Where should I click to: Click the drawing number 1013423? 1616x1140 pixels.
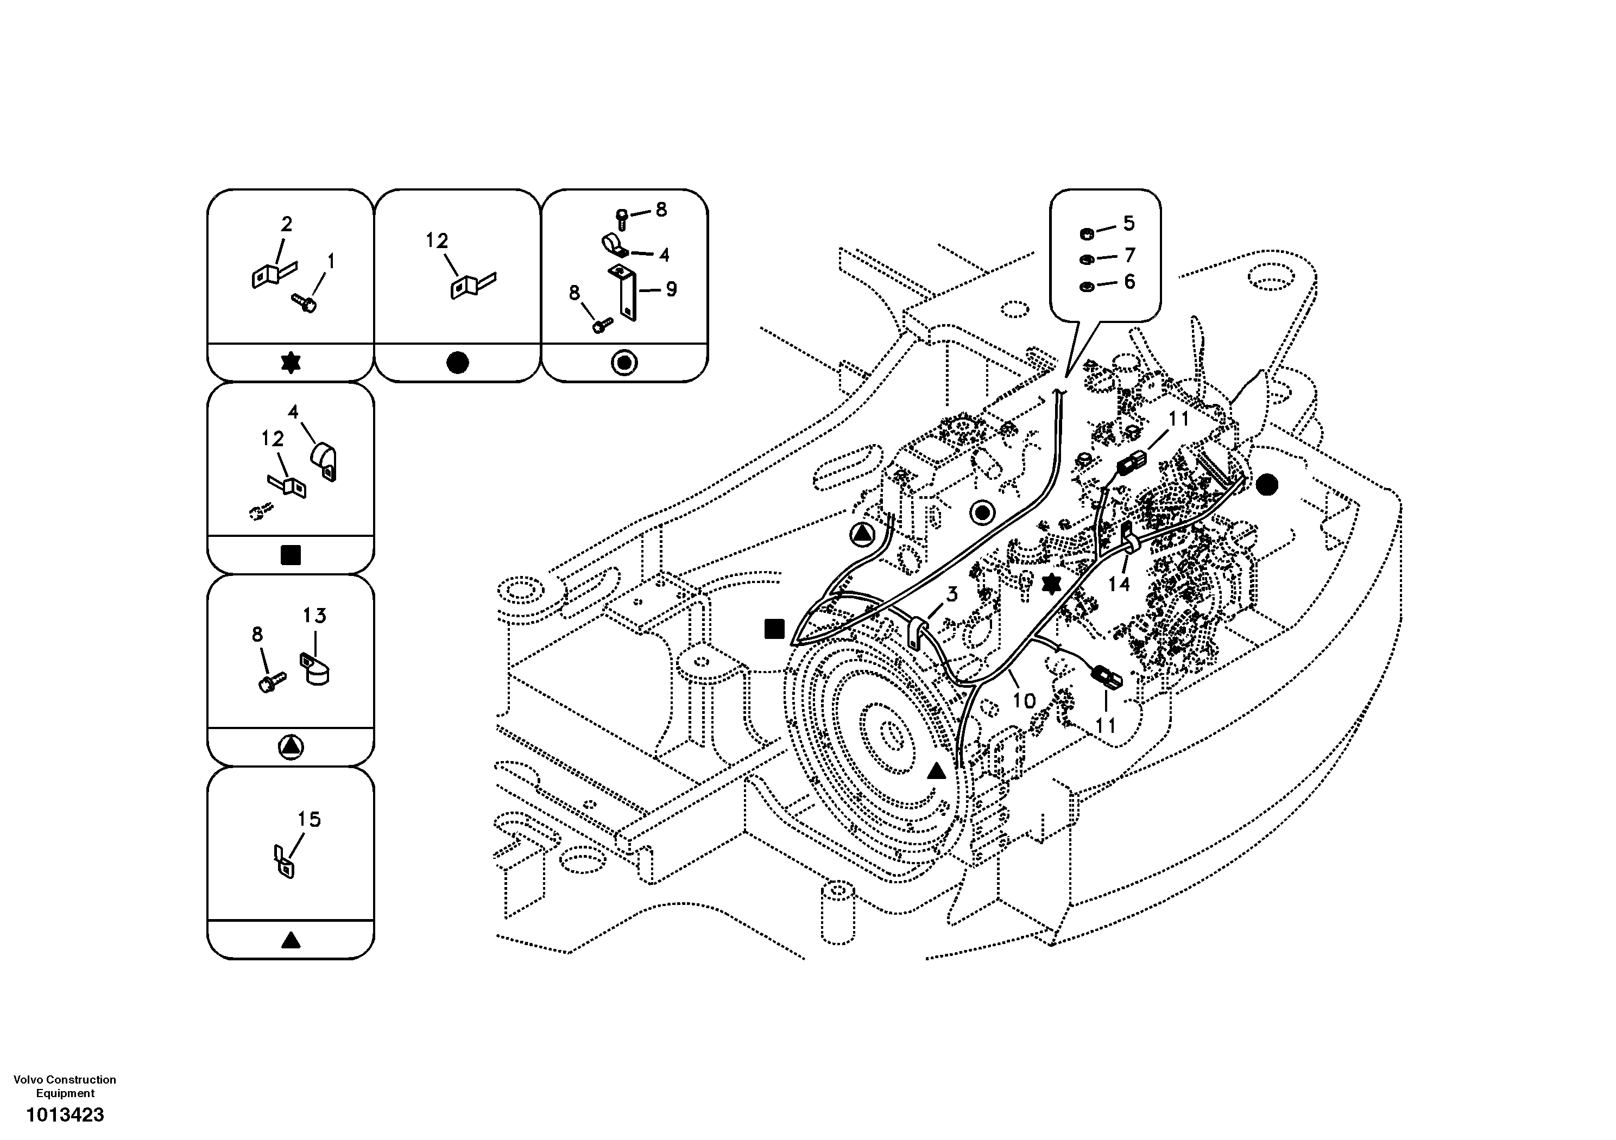point(65,1114)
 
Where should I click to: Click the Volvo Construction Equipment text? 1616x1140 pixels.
point(65,1086)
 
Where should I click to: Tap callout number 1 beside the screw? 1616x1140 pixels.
point(331,262)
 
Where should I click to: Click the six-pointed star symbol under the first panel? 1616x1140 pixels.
point(291,363)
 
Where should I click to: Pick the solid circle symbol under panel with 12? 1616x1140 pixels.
point(458,363)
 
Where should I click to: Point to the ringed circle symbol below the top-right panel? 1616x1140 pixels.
point(624,363)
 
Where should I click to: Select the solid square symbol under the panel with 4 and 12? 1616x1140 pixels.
point(291,555)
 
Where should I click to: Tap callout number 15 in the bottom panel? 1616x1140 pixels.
point(308,819)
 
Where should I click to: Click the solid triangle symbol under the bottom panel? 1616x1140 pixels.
point(291,940)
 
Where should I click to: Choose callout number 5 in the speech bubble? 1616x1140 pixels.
point(1129,224)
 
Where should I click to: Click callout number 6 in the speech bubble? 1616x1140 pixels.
point(1129,282)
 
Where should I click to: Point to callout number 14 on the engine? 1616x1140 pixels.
point(1119,584)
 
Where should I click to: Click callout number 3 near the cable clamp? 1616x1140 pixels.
point(951,594)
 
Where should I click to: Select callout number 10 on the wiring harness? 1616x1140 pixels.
point(1024,700)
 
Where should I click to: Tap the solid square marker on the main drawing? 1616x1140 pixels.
point(774,629)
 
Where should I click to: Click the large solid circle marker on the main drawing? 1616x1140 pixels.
point(1266,484)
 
